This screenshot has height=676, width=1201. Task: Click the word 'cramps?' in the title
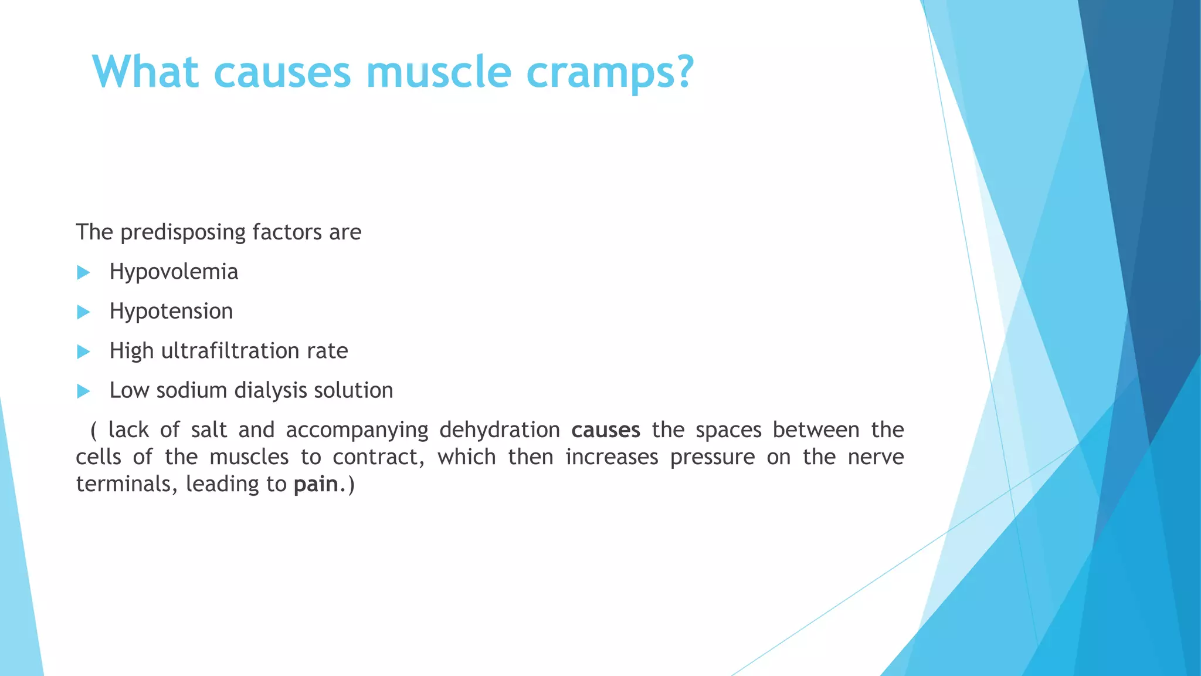tap(610, 73)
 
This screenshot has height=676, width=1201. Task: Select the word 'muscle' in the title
tap(439, 73)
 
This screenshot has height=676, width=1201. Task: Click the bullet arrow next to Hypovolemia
tap(83, 272)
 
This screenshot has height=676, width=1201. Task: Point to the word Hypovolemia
tap(174, 272)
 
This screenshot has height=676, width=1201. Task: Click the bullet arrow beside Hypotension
tap(83, 312)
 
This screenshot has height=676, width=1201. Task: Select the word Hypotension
tap(171, 312)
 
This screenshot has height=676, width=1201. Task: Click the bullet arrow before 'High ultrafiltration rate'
tap(83, 351)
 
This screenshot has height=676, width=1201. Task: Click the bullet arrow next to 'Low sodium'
tap(83, 391)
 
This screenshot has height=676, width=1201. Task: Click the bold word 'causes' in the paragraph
tap(606, 430)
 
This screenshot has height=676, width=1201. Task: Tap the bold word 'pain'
tap(316, 485)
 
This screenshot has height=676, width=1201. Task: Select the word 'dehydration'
tap(500, 430)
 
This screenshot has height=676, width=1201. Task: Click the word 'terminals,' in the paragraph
tap(127, 484)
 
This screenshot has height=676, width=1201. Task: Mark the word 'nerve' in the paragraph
tap(876, 457)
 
